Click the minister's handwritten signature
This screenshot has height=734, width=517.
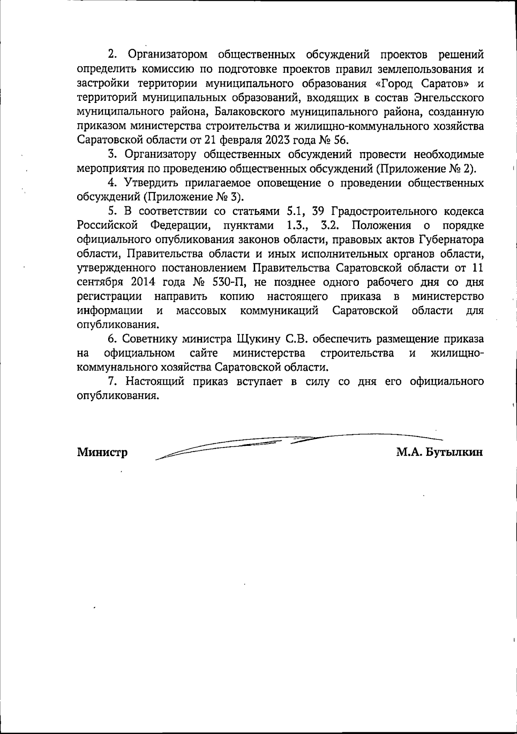297,444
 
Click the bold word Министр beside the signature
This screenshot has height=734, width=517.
102,452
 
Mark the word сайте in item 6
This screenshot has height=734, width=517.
203,353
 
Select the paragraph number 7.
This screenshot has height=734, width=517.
112,382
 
